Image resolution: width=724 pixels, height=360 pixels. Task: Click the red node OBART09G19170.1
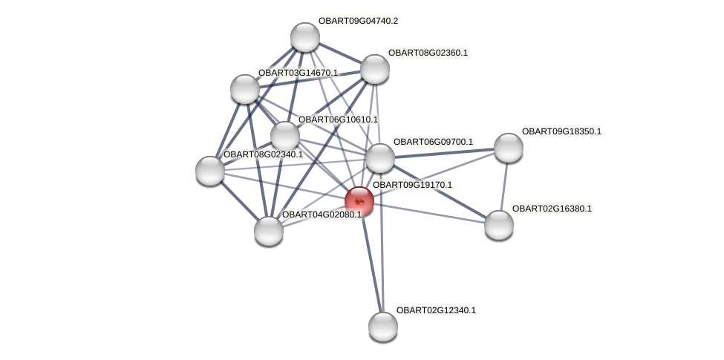[x=359, y=201]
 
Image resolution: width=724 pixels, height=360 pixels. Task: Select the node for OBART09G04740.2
[x=304, y=37]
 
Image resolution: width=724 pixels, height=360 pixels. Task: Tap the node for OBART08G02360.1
[x=375, y=69]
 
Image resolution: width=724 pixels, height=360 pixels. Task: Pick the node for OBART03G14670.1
[x=245, y=89]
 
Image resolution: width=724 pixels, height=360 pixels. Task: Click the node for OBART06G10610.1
[x=285, y=136]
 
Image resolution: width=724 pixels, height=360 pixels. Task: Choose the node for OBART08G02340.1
[x=210, y=171]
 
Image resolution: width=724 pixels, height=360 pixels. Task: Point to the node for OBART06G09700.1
[x=380, y=157]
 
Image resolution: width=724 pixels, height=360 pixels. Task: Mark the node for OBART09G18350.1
[x=509, y=148]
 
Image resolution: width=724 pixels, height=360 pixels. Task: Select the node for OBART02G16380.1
[x=499, y=225]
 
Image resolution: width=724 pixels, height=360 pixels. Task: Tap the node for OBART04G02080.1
[x=269, y=231]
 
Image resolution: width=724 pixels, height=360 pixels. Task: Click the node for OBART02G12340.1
[x=383, y=327]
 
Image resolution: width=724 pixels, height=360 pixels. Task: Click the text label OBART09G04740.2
[x=358, y=21]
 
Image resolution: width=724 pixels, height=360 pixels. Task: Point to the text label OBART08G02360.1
[x=428, y=53]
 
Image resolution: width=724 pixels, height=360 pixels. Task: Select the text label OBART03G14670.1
[x=298, y=73]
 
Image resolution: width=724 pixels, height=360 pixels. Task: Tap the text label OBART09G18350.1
[x=561, y=131]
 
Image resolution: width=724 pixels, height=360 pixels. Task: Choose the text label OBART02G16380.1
[x=552, y=209]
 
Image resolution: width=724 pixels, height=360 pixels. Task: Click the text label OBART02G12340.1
[x=436, y=310]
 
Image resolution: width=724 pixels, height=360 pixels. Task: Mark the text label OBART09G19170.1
[x=411, y=185]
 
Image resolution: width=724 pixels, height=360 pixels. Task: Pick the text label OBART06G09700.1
[x=433, y=142]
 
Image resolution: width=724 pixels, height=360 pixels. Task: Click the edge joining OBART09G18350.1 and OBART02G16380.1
[x=504, y=186]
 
